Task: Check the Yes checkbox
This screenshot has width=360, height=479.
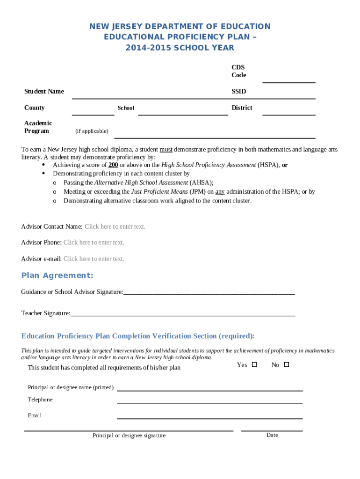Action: point(254,364)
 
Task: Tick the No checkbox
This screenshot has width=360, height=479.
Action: point(287,364)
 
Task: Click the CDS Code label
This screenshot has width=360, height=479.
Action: point(238,71)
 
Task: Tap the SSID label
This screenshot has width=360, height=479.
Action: point(238,91)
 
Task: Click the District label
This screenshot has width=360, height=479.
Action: point(242,108)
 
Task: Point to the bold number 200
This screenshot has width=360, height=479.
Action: point(113,165)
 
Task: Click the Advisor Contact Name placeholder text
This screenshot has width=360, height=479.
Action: point(115,226)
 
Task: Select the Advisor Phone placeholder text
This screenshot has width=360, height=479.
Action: point(94,242)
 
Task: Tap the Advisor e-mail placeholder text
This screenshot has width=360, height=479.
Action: point(94,259)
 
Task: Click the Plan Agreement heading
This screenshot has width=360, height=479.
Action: point(57,275)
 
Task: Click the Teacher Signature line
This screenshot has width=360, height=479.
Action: point(182,316)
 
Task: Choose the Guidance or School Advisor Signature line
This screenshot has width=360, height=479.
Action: point(209,294)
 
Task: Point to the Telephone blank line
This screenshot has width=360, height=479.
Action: point(209,402)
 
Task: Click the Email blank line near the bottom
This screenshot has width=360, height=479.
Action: point(209,418)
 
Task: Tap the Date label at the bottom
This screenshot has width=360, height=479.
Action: point(272,435)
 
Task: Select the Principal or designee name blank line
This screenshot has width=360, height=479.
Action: point(209,390)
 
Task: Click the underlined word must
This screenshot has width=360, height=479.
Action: point(166,150)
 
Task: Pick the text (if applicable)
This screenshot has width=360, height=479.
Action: point(92,131)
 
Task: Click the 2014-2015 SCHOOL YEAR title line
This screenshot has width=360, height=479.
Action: point(180,48)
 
